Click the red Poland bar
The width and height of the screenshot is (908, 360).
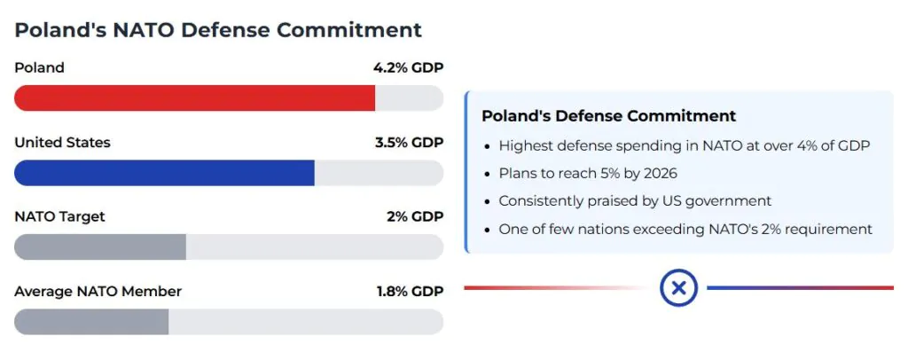click(x=195, y=98)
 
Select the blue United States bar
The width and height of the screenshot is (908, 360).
click(x=165, y=173)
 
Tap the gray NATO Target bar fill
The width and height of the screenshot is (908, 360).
click(x=100, y=247)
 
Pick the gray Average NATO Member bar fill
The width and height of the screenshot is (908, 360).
click(x=91, y=322)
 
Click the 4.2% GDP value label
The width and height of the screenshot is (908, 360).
click(x=408, y=67)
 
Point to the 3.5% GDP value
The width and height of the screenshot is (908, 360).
click(x=408, y=142)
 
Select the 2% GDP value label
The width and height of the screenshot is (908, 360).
click(x=414, y=216)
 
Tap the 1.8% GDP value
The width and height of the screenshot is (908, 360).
click(x=409, y=291)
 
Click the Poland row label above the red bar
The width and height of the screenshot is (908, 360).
click(x=39, y=67)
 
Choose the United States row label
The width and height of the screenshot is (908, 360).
click(x=62, y=142)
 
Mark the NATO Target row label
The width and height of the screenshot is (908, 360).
click(x=59, y=216)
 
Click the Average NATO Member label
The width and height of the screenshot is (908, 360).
click(x=98, y=291)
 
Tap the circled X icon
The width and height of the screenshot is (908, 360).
click(x=678, y=287)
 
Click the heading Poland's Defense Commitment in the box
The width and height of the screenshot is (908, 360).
click(x=608, y=116)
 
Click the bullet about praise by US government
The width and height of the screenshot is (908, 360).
click(x=635, y=201)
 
